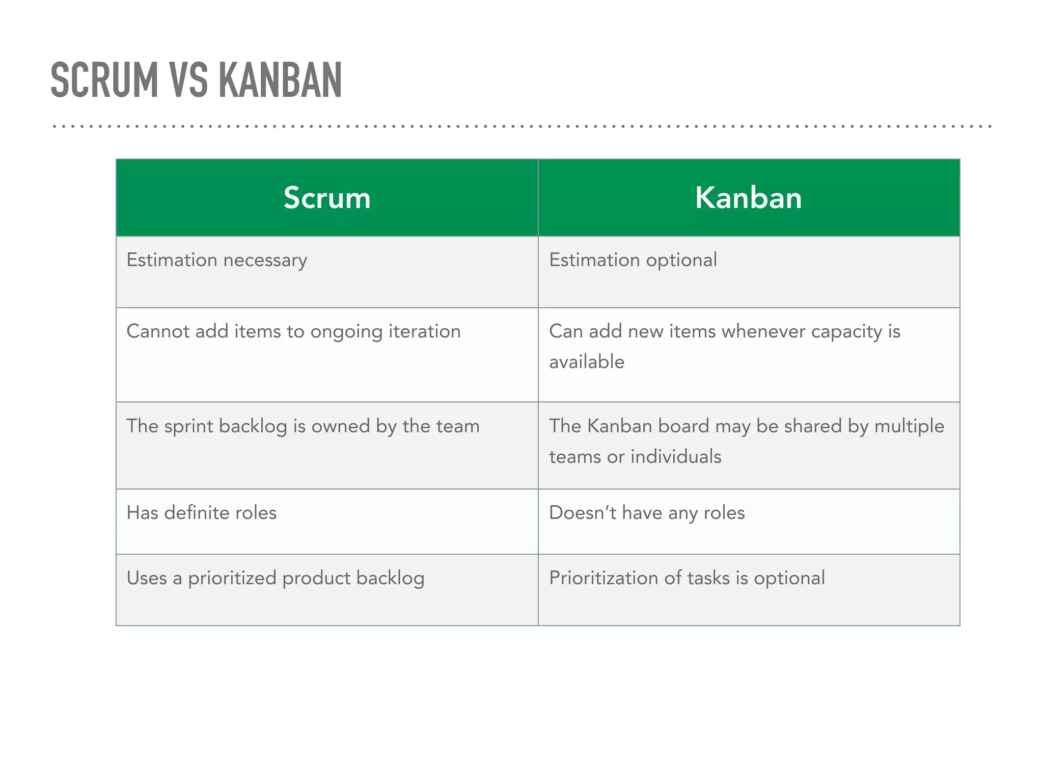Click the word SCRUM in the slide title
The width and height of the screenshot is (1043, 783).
[104, 80]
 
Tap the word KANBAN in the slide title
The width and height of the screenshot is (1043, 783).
[280, 80]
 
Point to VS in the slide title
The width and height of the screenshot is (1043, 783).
[188, 80]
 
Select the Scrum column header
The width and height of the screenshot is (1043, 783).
[327, 198]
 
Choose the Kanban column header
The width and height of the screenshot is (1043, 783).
[748, 198]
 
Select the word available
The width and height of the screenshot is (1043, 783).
[587, 362]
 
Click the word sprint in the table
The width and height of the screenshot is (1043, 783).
[188, 427]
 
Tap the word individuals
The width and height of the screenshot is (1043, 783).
[676, 457]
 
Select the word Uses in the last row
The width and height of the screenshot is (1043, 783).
[146, 578]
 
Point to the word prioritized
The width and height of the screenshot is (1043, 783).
[232, 579]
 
